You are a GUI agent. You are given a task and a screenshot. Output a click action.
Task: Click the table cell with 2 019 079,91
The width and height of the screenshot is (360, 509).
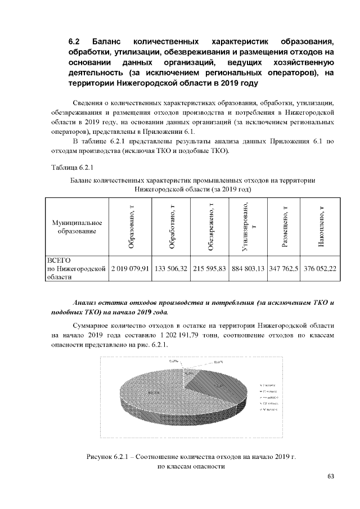tap(130, 269)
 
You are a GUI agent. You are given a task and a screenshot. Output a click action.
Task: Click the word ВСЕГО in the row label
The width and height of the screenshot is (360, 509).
tap(58, 261)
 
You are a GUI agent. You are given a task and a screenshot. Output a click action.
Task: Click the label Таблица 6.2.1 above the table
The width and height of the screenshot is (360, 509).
tap(72, 168)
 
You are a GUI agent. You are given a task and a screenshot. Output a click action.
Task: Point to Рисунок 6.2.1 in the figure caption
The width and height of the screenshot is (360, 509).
tap(107, 456)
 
